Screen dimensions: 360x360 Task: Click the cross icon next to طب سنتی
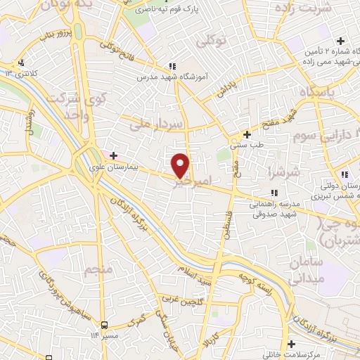pos(246,134)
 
